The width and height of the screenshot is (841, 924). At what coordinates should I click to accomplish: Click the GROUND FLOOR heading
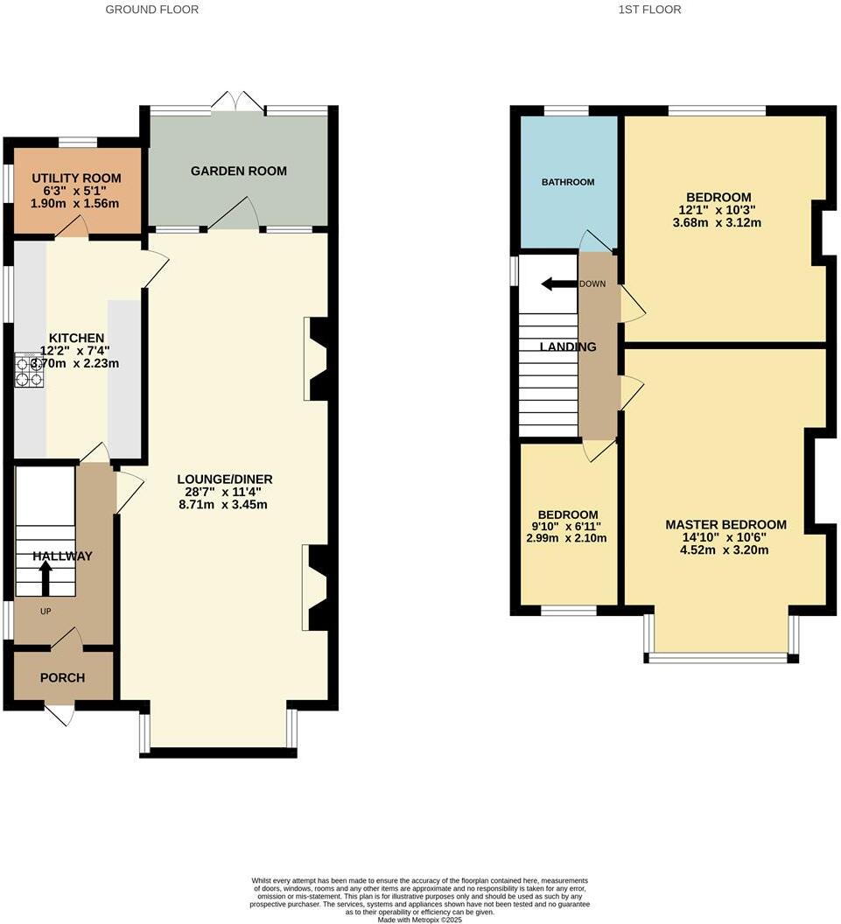pos(151,10)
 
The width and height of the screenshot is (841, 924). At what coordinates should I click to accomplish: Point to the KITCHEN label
pos(76,338)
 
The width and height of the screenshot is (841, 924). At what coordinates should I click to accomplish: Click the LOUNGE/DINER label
pos(225,479)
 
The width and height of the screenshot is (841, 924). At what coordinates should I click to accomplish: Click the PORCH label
pos(63,677)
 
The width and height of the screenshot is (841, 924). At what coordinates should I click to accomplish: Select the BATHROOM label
pos(568,182)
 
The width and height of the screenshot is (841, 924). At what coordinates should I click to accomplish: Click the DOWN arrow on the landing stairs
pos(556,283)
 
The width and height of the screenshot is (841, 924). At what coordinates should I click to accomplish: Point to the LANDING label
pos(567,347)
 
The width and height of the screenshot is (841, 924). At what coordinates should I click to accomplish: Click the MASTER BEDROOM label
pos(725,525)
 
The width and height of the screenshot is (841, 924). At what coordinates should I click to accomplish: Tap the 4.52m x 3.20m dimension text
pos(725,550)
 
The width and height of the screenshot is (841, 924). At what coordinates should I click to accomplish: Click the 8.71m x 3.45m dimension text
pos(225,505)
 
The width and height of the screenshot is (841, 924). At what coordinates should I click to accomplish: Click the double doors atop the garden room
pos(238,101)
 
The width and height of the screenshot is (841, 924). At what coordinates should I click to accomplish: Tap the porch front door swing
pos(60,716)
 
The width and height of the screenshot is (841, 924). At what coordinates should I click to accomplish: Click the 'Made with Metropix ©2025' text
pos(420,920)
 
